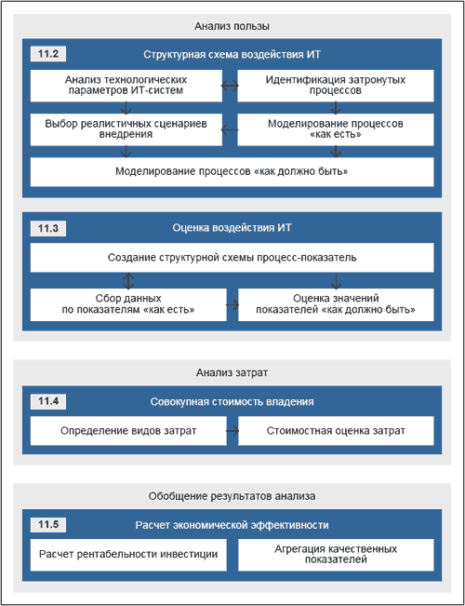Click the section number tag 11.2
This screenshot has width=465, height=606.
(x=48, y=55)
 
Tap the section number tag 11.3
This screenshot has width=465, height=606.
(x=48, y=228)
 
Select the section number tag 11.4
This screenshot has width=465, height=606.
(x=48, y=402)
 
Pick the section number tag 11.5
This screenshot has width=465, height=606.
(x=48, y=525)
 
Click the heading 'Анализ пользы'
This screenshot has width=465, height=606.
(x=232, y=26)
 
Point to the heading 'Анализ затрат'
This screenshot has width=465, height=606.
(x=232, y=373)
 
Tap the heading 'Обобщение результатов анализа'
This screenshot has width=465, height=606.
(x=232, y=496)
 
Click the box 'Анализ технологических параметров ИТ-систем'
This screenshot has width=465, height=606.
(x=126, y=86)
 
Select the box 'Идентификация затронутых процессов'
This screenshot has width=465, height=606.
(x=336, y=86)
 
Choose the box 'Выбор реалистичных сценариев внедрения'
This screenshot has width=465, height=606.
(x=126, y=129)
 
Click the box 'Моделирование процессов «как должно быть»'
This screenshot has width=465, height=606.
(x=232, y=172)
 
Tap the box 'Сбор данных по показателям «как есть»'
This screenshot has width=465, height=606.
(x=128, y=304)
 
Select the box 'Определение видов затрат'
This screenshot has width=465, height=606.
(x=128, y=431)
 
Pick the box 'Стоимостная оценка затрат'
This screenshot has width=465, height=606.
(x=336, y=431)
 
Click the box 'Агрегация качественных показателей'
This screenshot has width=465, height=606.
(x=336, y=555)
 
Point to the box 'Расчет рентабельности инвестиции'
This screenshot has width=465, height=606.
(x=128, y=555)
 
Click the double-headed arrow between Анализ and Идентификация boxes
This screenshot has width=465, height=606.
(x=231, y=87)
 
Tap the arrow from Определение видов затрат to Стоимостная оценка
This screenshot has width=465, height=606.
(x=232, y=431)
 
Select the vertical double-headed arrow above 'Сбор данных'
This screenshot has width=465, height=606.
(x=128, y=280)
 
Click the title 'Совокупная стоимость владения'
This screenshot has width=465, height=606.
(x=232, y=402)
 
